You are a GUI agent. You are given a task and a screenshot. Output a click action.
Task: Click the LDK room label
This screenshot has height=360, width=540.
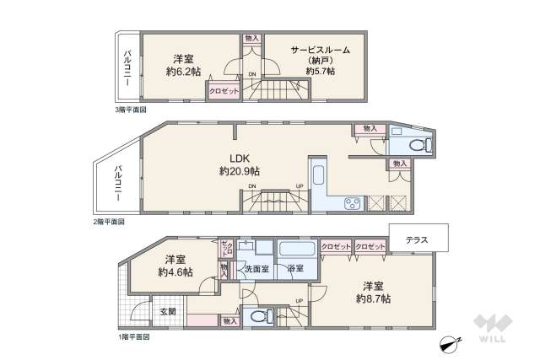click(x=240, y=157)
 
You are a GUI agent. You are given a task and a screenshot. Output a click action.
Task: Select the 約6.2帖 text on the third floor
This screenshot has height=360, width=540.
click(x=184, y=72)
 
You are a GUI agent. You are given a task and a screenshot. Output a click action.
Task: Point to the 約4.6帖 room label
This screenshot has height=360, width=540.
click(x=175, y=272)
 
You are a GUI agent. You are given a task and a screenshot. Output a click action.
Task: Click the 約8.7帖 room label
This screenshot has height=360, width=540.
click(x=373, y=298)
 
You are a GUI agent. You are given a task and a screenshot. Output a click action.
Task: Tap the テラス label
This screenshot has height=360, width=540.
click(x=417, y=240)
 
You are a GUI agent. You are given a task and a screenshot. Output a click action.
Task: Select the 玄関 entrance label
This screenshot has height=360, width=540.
click(x=168, y=311)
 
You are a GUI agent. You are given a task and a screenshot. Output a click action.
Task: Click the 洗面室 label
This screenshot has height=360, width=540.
click(x=256, y=269)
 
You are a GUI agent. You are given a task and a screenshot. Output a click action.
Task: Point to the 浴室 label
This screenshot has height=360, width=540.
click(x=295, y=269)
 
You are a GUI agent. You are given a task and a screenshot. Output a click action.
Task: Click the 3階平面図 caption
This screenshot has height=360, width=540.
click(x=132, y=110)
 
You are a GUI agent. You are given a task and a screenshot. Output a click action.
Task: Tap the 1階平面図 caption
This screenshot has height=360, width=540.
click(x=132, y=336)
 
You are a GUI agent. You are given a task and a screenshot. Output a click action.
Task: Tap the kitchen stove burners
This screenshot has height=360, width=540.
click(x=352, y=203)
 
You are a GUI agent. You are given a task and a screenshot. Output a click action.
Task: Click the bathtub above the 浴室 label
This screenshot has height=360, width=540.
click(x=297, y=250)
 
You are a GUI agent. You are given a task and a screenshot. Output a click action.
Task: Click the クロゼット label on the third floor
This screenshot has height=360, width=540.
click(x=224, y=89)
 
